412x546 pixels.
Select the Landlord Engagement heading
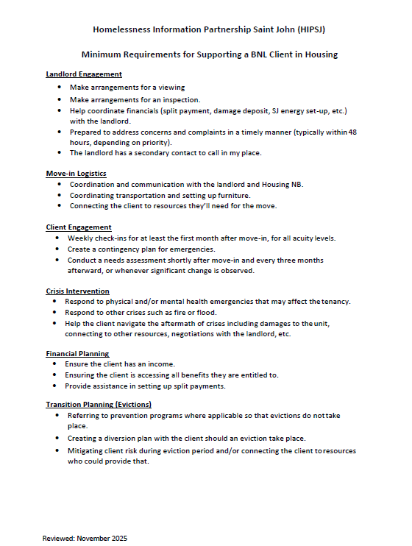(x=84, y=74)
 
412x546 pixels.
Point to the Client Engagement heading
(x=79, y=227)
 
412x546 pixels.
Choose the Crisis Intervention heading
(x=78, y=291)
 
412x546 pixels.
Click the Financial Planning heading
(x=77, y=354)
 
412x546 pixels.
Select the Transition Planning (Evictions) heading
(x=99, y=405)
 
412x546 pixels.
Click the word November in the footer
(x=93, y=539)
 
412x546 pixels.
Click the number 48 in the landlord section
(x=353, y=132)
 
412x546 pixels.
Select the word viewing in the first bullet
(x=171, y=87)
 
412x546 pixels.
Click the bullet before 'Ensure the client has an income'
(x=58, y=364)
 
